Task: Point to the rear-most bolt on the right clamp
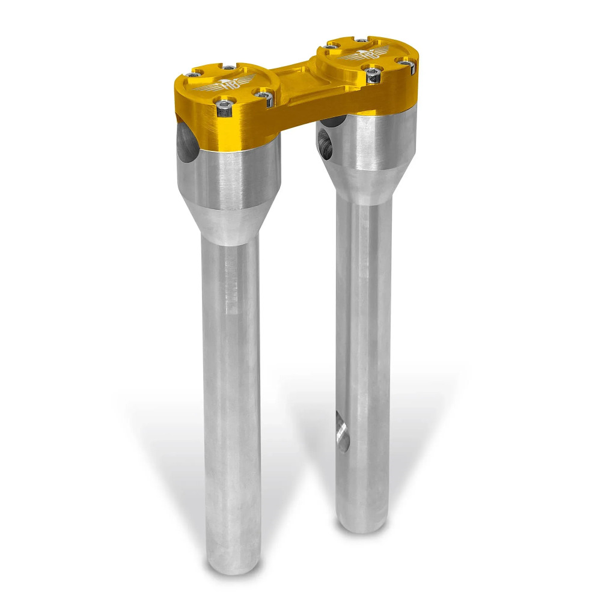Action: tap(361, 41)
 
